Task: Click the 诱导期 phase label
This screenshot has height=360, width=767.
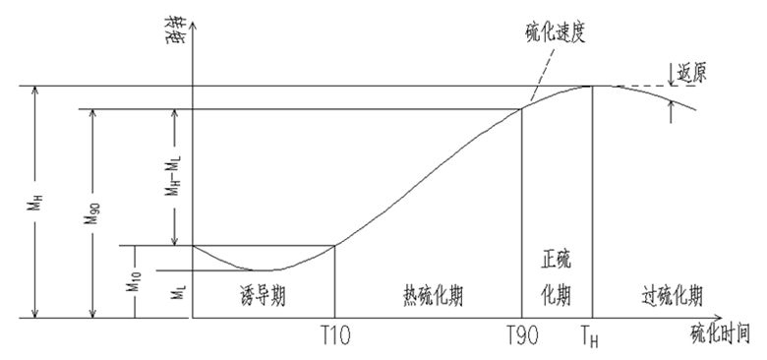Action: click(x=263, y=294)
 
